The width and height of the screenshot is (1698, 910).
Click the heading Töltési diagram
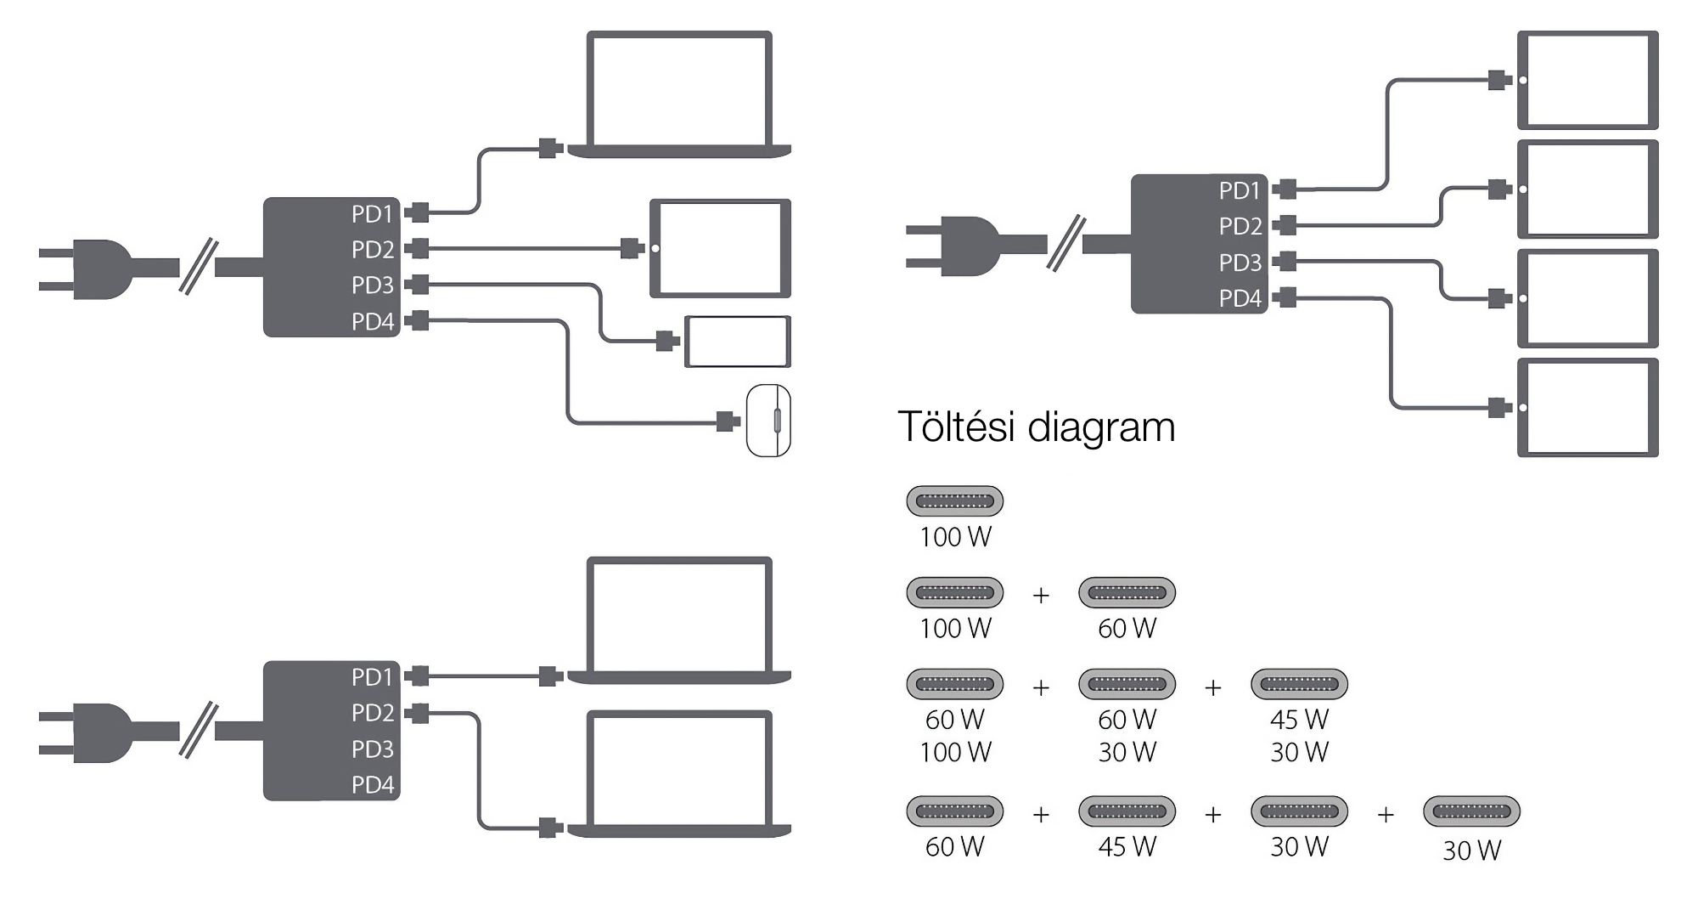click(x=1036, y=427)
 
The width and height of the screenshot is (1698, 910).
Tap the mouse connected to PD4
click(x=768, y=421)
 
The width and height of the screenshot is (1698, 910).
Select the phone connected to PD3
click(x=738, y=342)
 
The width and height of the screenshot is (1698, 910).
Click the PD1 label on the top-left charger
click(x=373, y=214)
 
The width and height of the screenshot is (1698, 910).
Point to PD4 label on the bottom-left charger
click(x=373, y=785)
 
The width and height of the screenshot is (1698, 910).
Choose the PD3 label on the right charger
click(x=1240, y=263)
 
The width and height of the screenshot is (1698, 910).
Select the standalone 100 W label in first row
click(x=955, y=537)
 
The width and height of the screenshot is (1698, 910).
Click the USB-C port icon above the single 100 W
click(x=955, y=501)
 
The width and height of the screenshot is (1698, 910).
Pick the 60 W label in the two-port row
click(x=1127, y=629)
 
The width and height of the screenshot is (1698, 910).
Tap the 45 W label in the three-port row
click(x=1299, y=720)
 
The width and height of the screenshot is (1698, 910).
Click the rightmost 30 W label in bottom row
click(x=1471, y=850)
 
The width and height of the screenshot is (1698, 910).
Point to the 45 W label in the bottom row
click(x=1127, y=846)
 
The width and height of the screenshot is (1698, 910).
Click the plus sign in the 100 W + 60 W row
click(x=1041, y=596)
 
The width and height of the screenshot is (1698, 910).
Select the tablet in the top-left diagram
click(x=720, y=248)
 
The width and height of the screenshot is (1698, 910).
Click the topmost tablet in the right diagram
click(x=1588, y=80)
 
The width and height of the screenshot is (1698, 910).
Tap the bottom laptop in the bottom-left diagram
click(x=679, y=773)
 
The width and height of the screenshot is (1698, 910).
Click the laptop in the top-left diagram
click(x=679, y=93)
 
